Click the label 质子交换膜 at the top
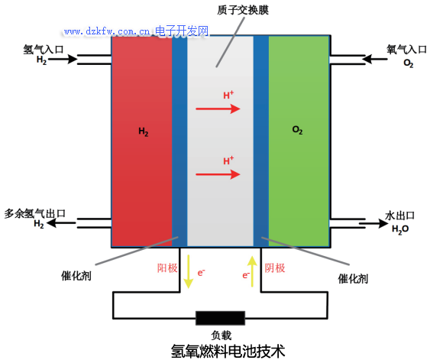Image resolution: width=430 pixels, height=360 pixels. coord(243,10)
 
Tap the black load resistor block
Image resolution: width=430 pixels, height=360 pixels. coord(220,318)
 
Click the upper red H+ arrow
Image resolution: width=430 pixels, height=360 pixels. coord(218,109)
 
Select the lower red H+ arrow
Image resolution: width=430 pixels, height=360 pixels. coord(218,174)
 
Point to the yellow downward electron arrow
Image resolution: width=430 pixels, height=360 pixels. coord(189,271)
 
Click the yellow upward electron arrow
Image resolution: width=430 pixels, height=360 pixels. coord(252,271)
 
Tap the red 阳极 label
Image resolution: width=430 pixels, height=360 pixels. coord(167,268)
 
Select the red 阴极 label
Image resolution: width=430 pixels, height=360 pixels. coord(275,268)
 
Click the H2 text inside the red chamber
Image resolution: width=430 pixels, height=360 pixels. coord(144,132)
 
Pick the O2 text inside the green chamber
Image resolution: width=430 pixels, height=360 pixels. coord(298,130)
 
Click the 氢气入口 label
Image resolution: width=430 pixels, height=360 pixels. coord(44,50)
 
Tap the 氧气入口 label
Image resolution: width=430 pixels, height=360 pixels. coord(406,50)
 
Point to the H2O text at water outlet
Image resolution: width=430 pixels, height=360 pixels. coord(400,229)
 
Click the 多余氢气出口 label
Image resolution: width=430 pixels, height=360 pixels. coord(35,213)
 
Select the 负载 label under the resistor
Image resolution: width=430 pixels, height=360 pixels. coord(221,335)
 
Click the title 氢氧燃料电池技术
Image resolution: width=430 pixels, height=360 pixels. coord(228,351)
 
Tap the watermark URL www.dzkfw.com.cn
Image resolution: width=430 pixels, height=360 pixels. coord(107,31)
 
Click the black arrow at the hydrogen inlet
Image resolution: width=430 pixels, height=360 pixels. coord(63,59)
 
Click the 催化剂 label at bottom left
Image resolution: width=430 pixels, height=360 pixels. coord(76,276)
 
